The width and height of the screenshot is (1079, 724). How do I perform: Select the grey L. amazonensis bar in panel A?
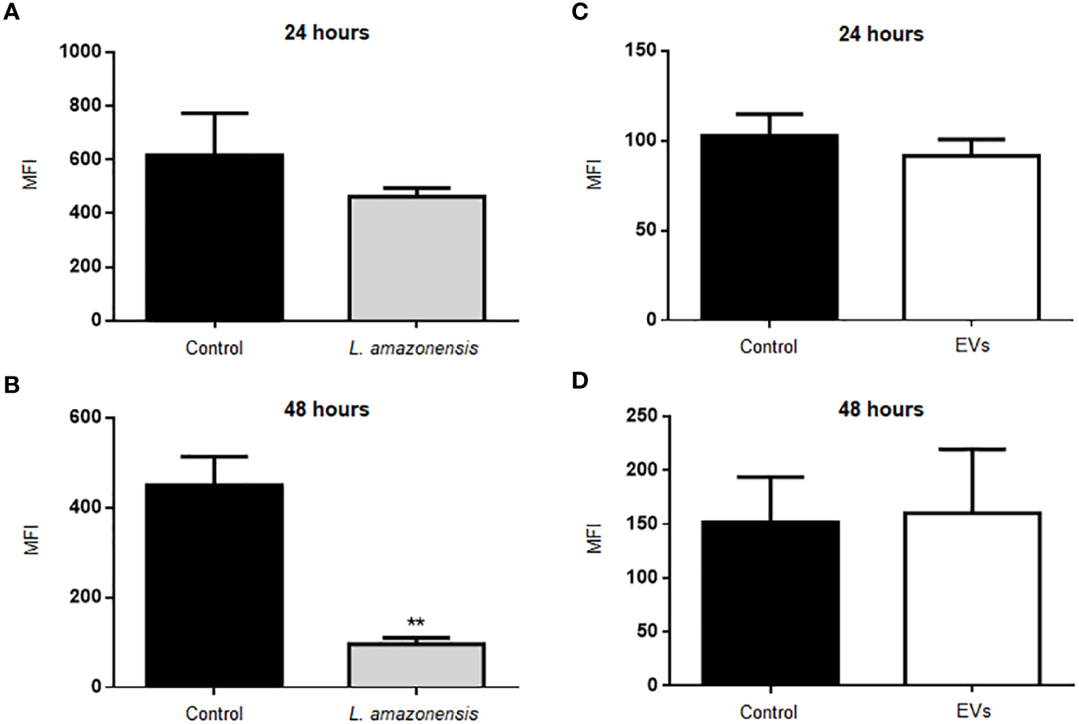coord(416,258)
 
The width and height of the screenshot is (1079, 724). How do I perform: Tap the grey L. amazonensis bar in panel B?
coord(416,666)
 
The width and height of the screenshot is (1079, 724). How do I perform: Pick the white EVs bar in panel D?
coord(971,599)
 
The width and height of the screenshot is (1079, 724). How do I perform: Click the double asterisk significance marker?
coord(416,623)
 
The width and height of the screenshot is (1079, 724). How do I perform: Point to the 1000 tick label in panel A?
coord(82,53)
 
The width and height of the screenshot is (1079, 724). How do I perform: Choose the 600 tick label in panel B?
coord(87,419)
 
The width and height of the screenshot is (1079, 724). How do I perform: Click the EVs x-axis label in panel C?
coord(970,347)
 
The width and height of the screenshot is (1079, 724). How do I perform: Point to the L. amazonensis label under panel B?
coord(416,713)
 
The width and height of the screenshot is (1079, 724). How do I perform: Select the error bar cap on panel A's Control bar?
coord(215,113)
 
